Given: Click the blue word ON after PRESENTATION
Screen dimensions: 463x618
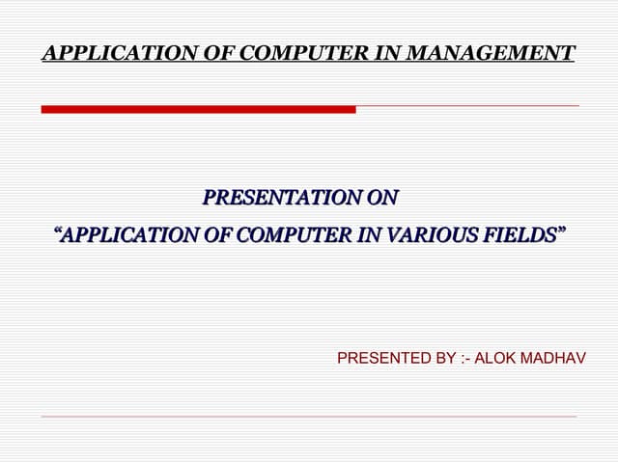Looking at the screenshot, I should click(x=382, y=199).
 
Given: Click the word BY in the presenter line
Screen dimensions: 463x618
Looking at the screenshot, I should click(x=446, y=359).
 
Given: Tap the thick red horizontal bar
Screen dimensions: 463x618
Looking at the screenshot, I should click(x=198, y=109).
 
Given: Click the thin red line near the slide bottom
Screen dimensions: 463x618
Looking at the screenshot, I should click(x=309, y=417).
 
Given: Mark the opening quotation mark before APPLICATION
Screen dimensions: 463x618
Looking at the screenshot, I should click(x=58, y=231).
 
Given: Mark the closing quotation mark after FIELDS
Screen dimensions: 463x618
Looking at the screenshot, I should click(x=559, y=231).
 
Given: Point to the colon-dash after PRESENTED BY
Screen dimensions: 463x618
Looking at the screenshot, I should click(x=467, y=359).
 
